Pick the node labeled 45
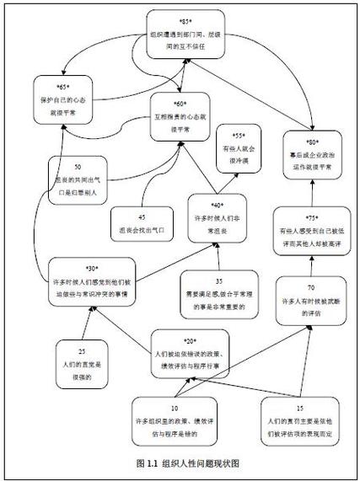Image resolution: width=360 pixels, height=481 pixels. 140,221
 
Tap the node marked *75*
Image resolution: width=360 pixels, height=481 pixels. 309,230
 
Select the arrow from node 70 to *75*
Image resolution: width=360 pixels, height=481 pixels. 309,267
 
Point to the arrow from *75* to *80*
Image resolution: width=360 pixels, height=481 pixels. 309,189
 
